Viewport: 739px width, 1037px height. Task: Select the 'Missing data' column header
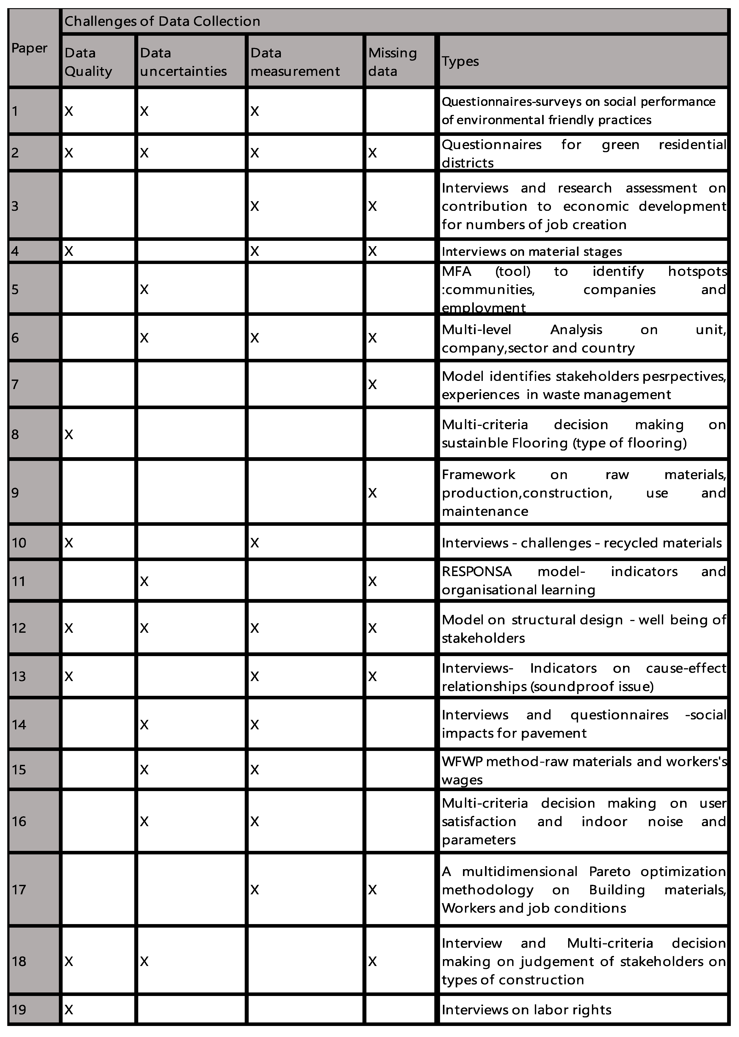coord(392,62)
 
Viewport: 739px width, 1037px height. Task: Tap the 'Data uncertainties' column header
coord(183,62)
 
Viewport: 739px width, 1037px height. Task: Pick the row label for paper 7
coord(15,384)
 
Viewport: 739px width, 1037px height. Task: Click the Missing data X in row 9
coord(372,493)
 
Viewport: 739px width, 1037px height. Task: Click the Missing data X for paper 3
coord(372,206)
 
